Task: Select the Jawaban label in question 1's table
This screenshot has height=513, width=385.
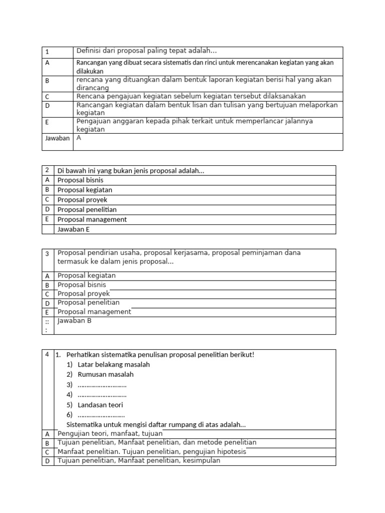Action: pos(57,138)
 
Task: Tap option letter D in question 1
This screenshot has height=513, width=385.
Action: pos(47,106)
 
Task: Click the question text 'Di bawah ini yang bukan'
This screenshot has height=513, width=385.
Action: pos(131,170)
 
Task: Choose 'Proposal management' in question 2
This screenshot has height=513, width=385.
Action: pos(92,219)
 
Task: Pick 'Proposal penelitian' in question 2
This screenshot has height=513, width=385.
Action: pos(87,209)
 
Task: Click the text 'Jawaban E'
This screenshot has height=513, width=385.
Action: pos(74,229)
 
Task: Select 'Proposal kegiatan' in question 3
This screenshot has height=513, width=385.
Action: pos(87,276)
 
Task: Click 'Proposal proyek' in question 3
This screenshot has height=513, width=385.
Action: pos(84,294)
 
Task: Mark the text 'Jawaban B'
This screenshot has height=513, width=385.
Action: pos(75,321)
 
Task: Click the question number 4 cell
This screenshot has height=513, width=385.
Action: pos(47,354)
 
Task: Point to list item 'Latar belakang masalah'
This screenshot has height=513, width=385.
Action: pos(113,365)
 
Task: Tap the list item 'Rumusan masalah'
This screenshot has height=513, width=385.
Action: pos(105,375)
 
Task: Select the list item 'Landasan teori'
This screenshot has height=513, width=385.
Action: pos(100,405)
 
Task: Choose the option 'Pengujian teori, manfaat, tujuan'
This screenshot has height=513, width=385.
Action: pos(110,433)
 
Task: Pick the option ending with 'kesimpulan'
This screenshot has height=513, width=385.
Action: pos(139,461)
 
